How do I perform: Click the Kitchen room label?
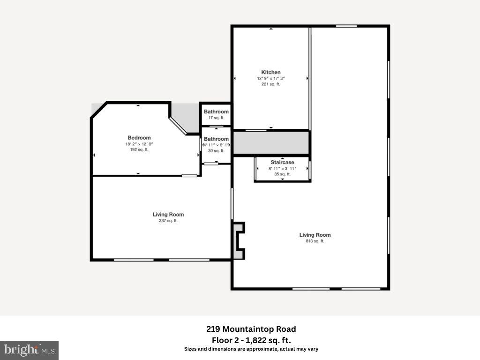pos(271,72)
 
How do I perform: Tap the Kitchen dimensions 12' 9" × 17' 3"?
pos(271,78)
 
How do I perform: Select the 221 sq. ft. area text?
pos(271,84)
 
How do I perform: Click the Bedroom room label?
pos(139,138)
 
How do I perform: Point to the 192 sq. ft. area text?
pos(139,150)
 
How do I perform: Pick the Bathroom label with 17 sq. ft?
pos(216,112)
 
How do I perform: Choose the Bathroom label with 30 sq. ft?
pos(216,139)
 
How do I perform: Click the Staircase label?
pos(282,162)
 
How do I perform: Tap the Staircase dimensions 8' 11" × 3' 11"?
pos(282,168)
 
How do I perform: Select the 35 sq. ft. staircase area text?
pos(282,174)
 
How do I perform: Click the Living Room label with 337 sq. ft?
pos(168,214)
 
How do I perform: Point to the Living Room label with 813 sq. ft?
pos(315,235)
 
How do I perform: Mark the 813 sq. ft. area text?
pos(315,241)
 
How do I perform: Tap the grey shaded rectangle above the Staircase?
pos(271,143)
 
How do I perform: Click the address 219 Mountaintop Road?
pos(251,329)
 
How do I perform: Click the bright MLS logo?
pos(29,350)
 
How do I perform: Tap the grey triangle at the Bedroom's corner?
pos(96,108)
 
